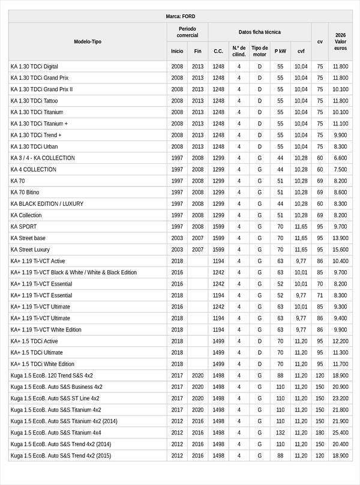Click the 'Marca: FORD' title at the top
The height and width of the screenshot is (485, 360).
(180, 16)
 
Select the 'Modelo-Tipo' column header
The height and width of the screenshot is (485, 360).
(88, 41)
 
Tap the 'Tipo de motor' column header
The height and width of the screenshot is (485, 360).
(260, 51)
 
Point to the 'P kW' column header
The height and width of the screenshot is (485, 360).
(280, 51)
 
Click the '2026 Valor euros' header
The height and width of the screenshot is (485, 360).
(340, 41)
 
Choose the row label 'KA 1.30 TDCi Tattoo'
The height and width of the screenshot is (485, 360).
(34, 101)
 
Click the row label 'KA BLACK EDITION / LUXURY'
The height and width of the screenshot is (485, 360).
(47, 203)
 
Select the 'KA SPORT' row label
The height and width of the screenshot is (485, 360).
(23, 227)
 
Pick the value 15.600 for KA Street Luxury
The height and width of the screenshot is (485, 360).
(340, 250)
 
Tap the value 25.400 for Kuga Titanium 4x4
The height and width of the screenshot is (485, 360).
(340, 433)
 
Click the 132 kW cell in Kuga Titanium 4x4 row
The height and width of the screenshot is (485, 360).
(280, 433)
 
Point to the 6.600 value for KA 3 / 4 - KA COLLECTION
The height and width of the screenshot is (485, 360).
(340, 158)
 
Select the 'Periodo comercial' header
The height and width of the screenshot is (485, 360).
(187, 32)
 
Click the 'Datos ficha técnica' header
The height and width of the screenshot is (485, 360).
(259, 32)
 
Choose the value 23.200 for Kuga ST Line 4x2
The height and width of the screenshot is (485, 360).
(340, 398)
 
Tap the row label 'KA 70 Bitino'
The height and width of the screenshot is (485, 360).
(25, 192)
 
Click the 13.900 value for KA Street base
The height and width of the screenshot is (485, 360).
(340, 238)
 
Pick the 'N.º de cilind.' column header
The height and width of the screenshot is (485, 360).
(239, 51)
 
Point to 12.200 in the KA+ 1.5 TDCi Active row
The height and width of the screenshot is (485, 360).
(340, 341)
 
